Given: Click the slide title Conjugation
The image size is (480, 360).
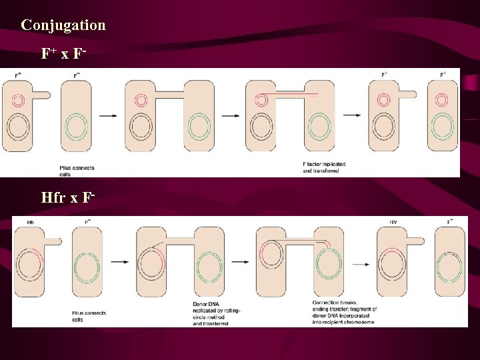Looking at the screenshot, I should [x=63, y=25].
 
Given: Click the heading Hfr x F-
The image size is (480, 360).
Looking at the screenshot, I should [x=69, y=198].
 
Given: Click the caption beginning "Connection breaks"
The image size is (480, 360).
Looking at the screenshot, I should [x=344, y=312].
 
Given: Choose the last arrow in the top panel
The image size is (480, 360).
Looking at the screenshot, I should [x=353, y=115].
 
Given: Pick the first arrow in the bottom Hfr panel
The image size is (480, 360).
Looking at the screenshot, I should [x=120, y=262].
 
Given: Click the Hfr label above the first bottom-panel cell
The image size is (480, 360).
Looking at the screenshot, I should [x=31, y=222].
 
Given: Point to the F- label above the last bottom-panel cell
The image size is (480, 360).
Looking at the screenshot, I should [x=450, y=221].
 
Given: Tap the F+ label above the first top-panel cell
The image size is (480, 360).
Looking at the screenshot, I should [x=19, y=75].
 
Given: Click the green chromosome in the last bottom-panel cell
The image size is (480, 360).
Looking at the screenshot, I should [x=450, y=269].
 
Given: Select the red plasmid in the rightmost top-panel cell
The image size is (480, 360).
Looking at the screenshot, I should [x=441, y=100].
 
